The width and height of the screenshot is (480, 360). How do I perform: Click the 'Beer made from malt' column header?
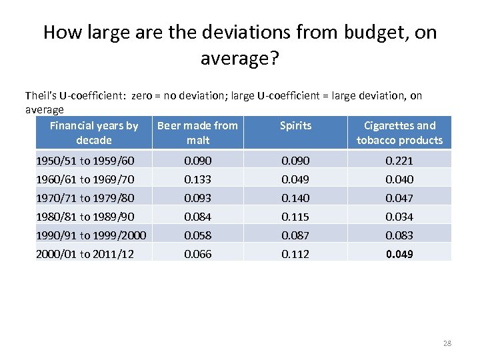197,133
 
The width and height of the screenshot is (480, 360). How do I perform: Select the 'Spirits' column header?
295,125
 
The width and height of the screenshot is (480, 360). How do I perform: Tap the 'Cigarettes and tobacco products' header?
399,133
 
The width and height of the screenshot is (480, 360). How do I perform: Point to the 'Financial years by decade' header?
94,133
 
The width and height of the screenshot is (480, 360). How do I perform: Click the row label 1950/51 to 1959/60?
85,161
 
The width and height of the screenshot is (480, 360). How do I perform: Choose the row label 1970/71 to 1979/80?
85,198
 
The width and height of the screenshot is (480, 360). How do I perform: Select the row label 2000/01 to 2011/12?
85,254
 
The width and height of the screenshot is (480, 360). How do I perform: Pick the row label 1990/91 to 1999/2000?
91,235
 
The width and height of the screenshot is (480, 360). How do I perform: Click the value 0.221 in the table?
400,161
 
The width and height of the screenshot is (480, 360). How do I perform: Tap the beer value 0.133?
198,179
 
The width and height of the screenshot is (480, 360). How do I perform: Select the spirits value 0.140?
295,198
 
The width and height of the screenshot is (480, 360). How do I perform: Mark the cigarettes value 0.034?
400,217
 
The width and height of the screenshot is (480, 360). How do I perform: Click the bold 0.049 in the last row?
400,254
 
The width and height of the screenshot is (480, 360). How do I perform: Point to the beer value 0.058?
198,235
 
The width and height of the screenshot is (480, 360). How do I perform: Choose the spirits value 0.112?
295,254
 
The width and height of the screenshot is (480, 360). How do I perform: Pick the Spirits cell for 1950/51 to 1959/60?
295,161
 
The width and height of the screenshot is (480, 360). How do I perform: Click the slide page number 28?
447,343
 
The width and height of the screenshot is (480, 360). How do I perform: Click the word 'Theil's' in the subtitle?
40,96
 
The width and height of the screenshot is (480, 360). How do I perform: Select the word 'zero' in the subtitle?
142,96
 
